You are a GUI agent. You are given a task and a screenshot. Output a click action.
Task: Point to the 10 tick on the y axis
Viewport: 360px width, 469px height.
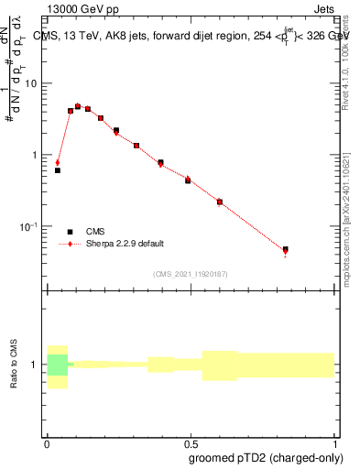click(34, 83)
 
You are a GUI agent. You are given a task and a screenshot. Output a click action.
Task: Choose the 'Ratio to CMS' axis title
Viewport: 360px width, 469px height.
click(16, 365)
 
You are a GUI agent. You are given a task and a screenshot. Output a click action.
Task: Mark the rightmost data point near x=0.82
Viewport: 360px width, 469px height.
click(286, 249)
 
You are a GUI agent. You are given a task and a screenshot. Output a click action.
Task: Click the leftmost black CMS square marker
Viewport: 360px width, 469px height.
click(58, 170)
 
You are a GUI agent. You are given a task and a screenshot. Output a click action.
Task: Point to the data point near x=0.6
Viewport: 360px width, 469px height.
click(220, 202)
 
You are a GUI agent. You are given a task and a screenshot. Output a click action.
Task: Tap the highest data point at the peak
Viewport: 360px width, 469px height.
click(78, 106)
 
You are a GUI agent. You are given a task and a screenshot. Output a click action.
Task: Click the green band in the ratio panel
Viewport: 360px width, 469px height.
click(58, 365)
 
